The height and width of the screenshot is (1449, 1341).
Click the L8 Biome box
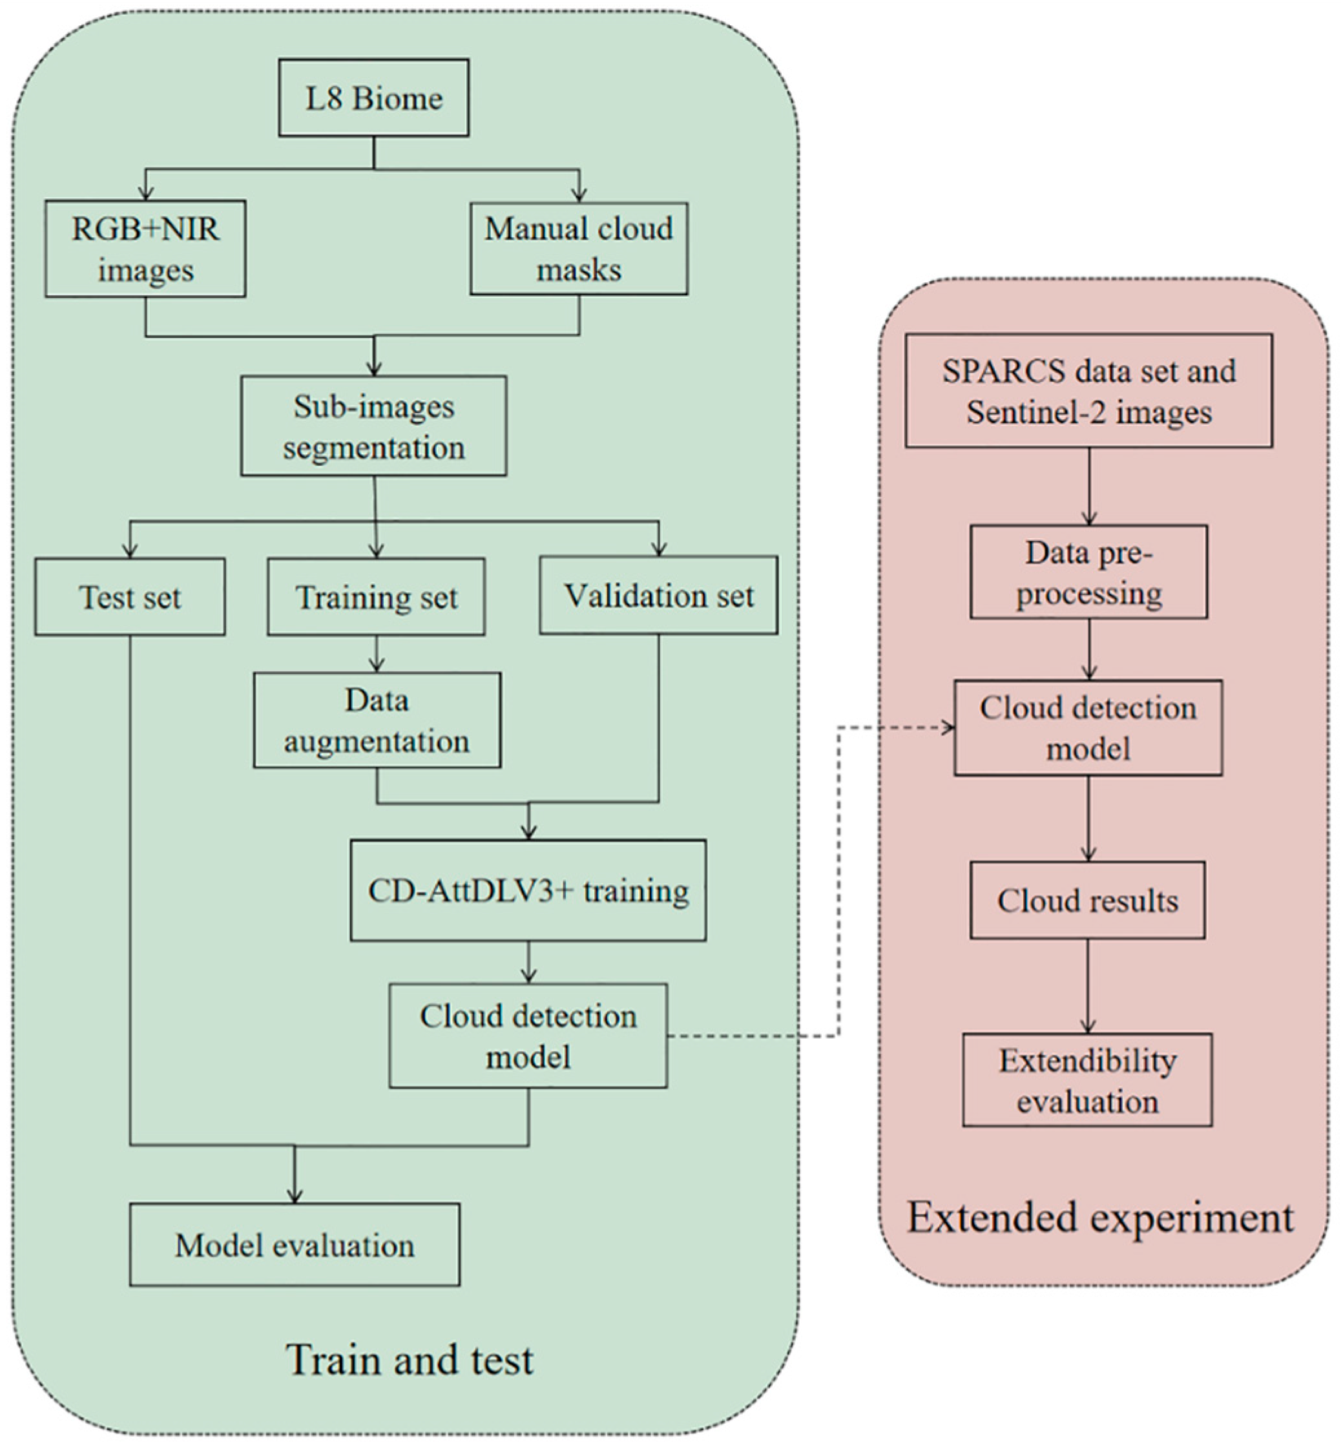coord(374,98)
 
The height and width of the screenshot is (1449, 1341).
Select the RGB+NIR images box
coord(145,249)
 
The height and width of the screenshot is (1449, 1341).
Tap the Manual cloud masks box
coord(578,249)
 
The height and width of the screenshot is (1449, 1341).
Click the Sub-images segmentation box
coord(374,426)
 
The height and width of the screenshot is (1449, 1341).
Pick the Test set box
coord(130,597)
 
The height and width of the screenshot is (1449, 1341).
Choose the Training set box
coord(376,597)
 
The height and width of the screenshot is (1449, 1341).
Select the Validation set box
coord(658,596)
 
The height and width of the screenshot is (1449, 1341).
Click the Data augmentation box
coord(377,720)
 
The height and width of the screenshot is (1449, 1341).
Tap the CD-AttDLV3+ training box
coord(528,890)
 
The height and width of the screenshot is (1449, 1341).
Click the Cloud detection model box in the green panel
coord(528,1036)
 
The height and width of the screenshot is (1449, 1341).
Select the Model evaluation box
coord(295,1245)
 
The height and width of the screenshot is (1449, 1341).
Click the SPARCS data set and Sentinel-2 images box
coord(1088,391)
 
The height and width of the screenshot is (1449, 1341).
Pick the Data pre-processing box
coord(1088,572)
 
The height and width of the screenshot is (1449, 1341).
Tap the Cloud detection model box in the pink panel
coord(1088,728)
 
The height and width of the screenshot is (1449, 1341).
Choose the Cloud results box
coord(1088,901)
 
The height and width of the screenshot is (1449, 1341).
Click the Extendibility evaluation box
coord(1087,1080)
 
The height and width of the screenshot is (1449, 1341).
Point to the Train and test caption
coord(410,1359)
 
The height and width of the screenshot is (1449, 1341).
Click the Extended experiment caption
coord(1100,1217)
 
